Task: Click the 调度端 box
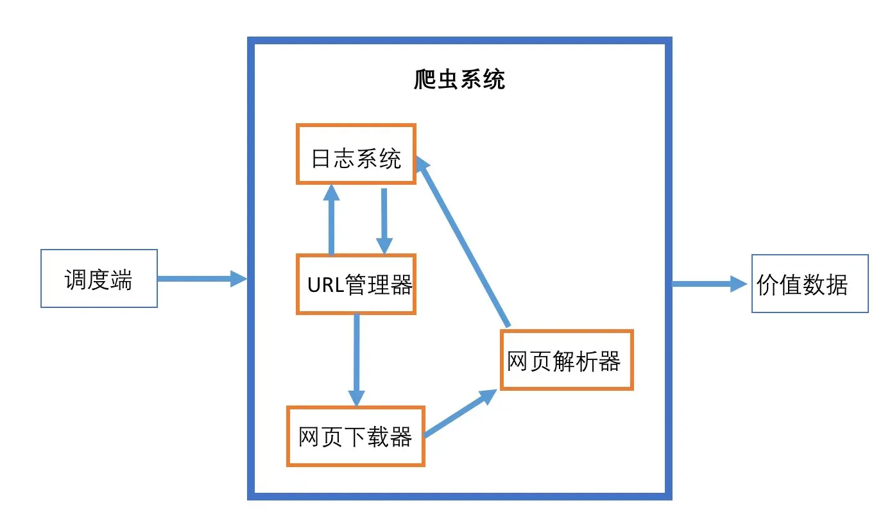[x=99, y=278]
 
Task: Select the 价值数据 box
[x=809, y=284]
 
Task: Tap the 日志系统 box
[x=356, y=154]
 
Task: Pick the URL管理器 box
[x=356, y=284]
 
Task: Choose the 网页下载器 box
[x=355, y=436]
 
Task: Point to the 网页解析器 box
[x=566, y=360]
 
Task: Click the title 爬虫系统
[x=459, y=80]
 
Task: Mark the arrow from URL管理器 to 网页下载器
[x=356, y=359]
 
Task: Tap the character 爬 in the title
[x=425, y=80]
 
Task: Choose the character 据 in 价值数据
[x=837, y=285]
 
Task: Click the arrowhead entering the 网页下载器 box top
[x=356, y=398]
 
